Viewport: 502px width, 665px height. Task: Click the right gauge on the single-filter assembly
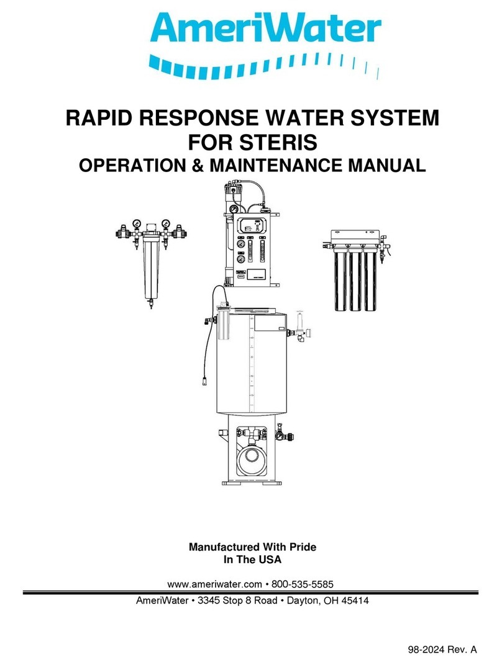[166, 224]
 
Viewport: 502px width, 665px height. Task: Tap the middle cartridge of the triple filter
[355, 279]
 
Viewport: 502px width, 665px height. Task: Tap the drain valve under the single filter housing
[150, 304]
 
